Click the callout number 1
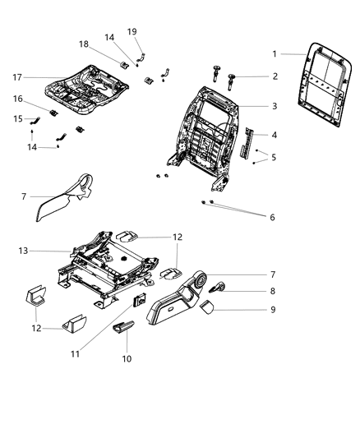pos(274,54)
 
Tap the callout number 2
pos(274,76)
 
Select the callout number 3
pos(274,107)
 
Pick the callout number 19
pos(132,31)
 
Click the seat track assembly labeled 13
pos(103,267)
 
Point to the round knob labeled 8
pos(221,288)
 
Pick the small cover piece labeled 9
pos(209,307)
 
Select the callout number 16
pos(17,99)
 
